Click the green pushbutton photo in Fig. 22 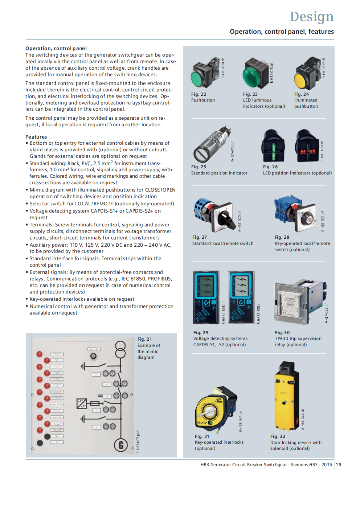[203, 74]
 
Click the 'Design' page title [311, 17]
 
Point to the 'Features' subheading [36, 137]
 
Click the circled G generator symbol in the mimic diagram [120, 445]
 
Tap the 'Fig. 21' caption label [144, 339]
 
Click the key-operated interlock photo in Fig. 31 [215, 410]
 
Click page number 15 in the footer [338, 465]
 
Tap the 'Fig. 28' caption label [282, 237]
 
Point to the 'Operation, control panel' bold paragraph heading [56, 48]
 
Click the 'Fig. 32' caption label [278, 436]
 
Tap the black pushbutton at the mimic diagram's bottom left [40, 443]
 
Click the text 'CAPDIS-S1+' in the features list [104, 211]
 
